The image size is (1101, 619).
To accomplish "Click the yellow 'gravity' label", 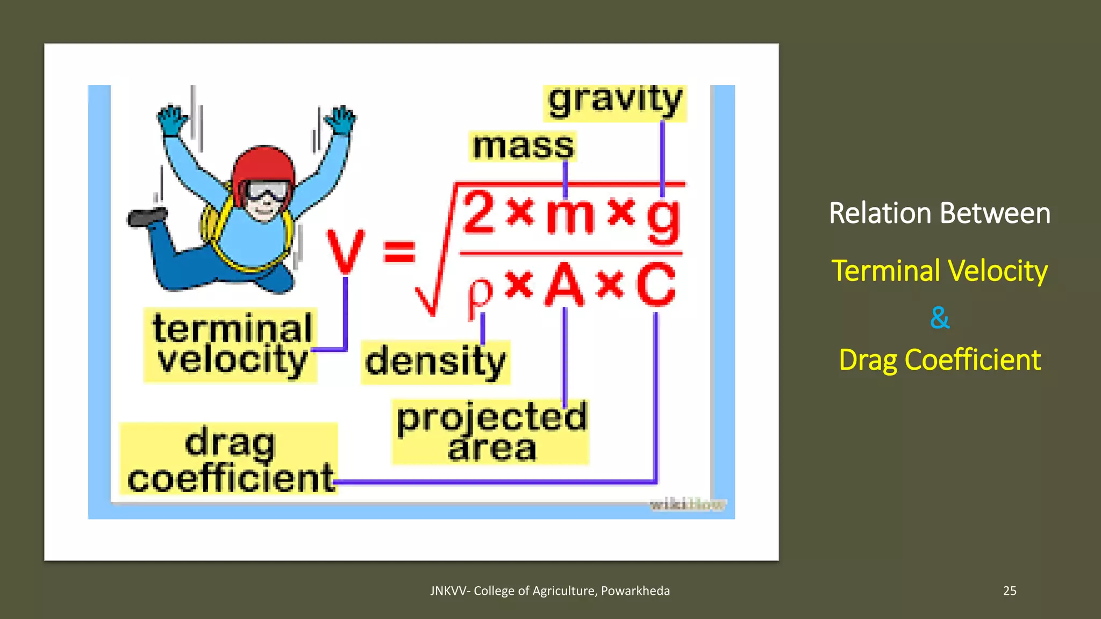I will (615, 102).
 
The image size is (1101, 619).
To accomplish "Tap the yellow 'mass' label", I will (523, 146).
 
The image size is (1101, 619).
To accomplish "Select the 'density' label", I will (435, 362).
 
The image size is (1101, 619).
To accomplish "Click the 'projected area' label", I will (491, 432).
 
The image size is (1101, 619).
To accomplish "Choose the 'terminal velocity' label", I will (231, 344).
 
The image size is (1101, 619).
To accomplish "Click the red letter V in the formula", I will (346, 251).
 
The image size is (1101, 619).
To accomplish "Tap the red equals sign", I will (399, 251).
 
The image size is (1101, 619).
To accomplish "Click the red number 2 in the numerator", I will (478, 214).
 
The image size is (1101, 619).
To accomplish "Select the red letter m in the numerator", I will (570, 216).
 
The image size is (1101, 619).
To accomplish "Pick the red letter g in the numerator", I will (664, 219).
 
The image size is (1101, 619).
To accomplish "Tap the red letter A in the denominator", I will (564, 285).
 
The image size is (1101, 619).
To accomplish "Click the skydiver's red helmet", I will (263, 167).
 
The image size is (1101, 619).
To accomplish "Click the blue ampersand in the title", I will (939, 318).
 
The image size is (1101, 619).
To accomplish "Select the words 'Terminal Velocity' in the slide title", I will (939, 271).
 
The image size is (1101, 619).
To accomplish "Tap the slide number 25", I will (1009, 591).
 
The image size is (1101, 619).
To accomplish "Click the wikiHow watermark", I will (688, 505).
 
